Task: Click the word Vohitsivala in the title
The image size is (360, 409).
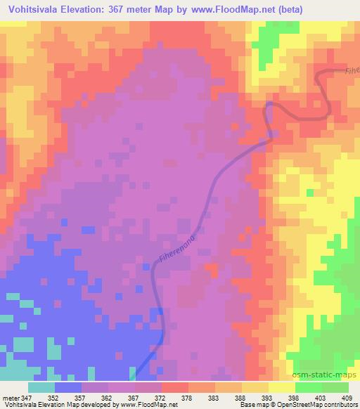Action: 36,9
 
